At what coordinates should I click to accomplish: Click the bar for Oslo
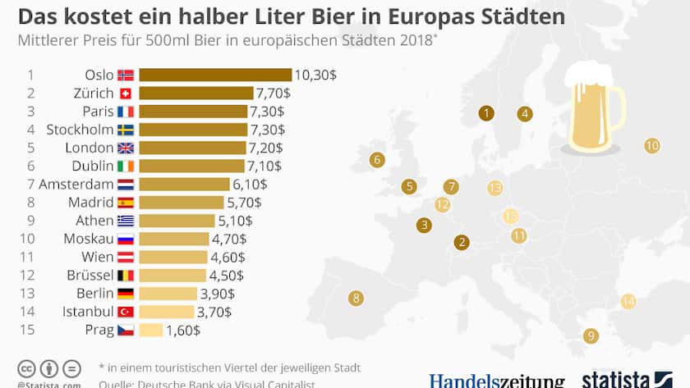215,75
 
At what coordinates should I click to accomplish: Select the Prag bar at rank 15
151,330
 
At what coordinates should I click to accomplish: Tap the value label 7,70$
274,93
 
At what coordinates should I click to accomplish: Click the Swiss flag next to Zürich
126,93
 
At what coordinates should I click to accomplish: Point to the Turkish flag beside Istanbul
126,312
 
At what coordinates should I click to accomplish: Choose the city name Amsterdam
76,184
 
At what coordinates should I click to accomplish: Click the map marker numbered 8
356,298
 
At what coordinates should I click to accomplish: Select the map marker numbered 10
651,145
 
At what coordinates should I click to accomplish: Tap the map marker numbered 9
590,335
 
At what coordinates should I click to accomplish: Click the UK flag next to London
126,148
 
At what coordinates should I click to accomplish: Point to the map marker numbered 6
377,159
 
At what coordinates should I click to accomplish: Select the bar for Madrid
181,202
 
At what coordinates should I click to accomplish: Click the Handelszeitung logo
496,381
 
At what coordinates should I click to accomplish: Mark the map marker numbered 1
487,113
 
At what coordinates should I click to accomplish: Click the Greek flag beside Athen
126,221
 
